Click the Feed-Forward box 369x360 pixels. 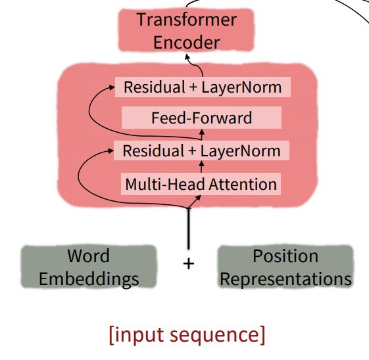pyautogui.click(x=201, y=118)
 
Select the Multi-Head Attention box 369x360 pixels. pyautogui.click(x=201, y=184)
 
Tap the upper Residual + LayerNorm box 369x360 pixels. pyautogui.click(x=203, y=87)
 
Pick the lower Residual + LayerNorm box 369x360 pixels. pyautogui.click(x=202, y=150)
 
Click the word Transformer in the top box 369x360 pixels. pyautogui.click(x=187, y=20)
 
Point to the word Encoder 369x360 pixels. pyautogui.click(x=187, y=42)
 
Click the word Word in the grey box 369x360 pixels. pyautogui.click(x=89, y=256)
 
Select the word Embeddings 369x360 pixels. pyautogui.click(x=89, y=279)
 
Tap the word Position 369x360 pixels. pyautogui.click(x=285, y=256)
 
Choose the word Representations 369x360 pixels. pyautogui.click(x=285, y=279)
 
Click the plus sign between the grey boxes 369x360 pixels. pyautogui.click(x=189, y=263)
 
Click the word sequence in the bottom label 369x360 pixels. pyautogui.click(x=214, y=336)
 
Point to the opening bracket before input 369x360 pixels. pyautogui.click(x=112, y=335)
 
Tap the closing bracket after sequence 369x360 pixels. pyautogui.click(x=262, y=335)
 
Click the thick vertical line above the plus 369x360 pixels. pyautogui.click(x=188, y=229)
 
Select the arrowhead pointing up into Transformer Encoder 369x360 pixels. pyautogui.click(x=187, y=56)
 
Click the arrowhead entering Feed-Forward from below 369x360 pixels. pyautogui.click(x=202, y=131)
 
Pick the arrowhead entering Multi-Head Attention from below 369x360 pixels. pyautogui.click(x=198, y=198)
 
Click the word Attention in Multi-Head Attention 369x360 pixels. pyautogui.click(x=243, y=184)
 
